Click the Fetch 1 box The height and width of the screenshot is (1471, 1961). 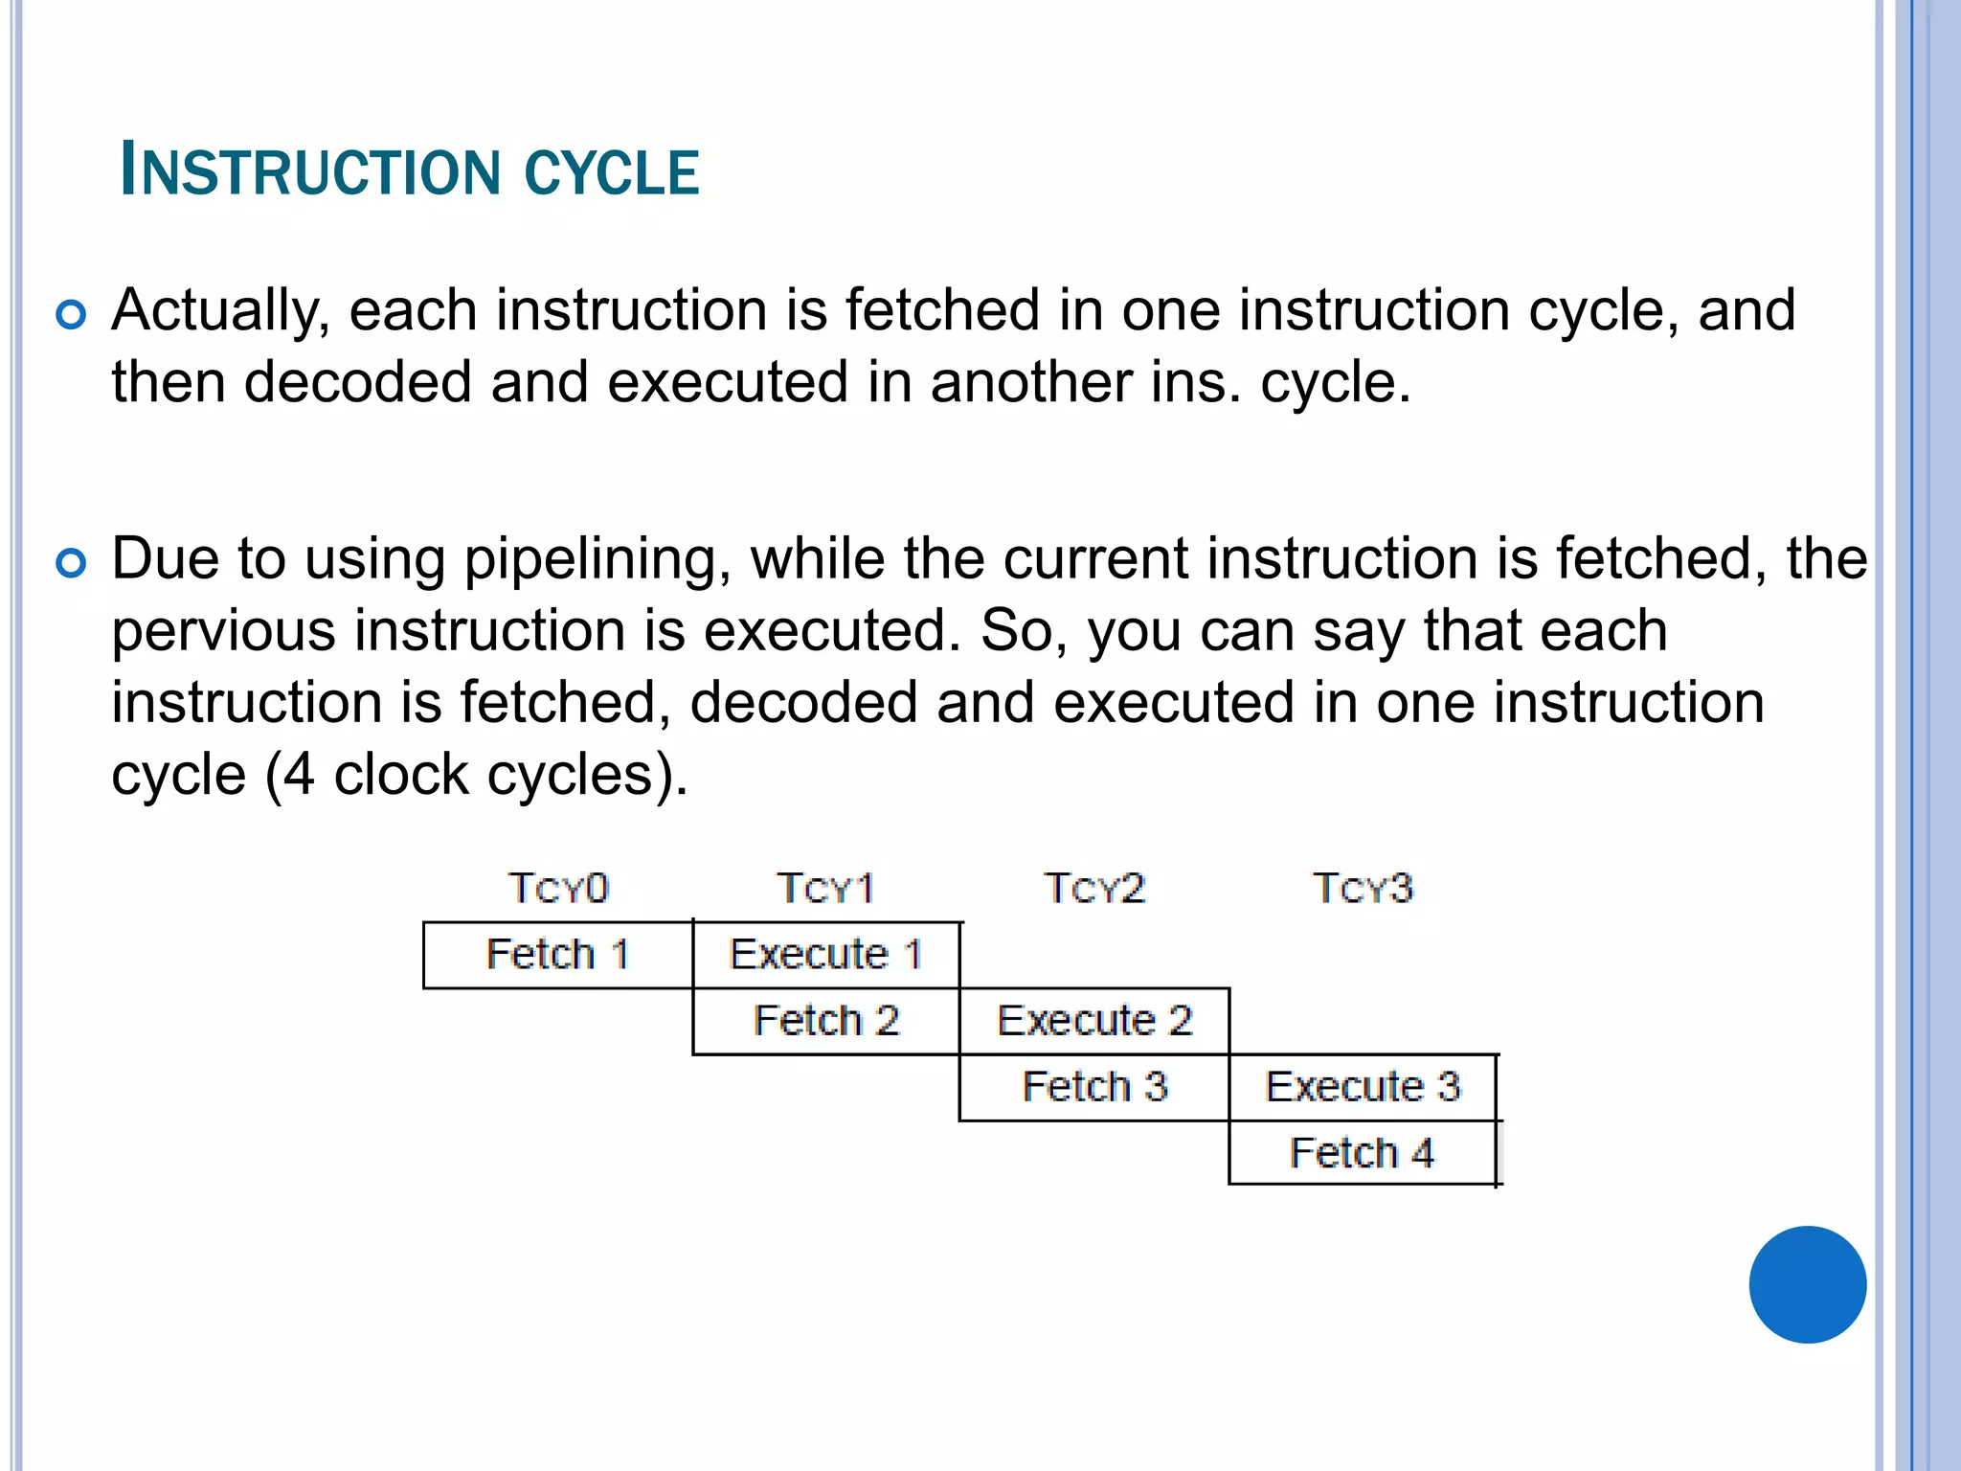click(x=557, y=955)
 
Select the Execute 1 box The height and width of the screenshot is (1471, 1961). click(x=825, y=955)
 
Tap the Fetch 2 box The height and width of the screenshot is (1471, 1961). click(x=825, y=1021)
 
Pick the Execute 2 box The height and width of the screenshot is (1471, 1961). click(x=1094, y=1021)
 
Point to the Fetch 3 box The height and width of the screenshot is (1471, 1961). click(x=1094, y=1087)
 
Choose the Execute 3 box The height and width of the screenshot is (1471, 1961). click(x=1363, y=1087)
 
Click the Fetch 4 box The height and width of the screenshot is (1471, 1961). click(x=1362, y=1153)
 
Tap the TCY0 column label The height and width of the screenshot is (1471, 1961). click(x=558, y=888)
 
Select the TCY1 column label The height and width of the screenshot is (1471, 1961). click(x=825, y=888)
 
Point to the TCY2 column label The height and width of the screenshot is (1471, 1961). click(x=1094, y=888)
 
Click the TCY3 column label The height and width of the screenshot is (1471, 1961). click(x=1363, y=888)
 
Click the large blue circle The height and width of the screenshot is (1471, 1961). click(x=1807, y=1284)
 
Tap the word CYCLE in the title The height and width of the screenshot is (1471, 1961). click(x=612, y=173)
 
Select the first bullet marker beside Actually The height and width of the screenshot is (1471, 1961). click(x=71, y=314)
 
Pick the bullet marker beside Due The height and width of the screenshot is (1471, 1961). click(x=71, y=562)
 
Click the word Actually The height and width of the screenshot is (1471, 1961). click(x=219, y=311)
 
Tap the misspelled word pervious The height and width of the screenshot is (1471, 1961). click(x=223, y=632)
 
